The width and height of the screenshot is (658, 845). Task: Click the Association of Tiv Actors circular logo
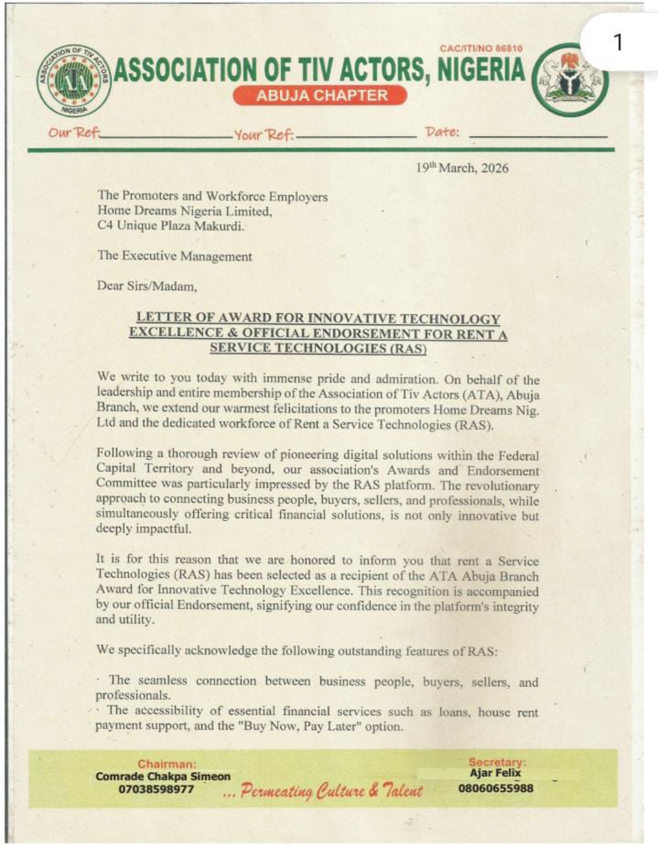point(74,80)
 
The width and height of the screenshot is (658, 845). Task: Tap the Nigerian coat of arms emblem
point(570,80)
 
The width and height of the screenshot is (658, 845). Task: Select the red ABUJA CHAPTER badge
point(320,95)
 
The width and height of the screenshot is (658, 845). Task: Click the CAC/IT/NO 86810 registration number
point(481,48)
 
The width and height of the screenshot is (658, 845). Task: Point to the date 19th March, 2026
point(462,168)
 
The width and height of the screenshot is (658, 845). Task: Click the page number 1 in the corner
point(618,43)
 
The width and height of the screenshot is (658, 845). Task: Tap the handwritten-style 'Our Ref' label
point(74,132)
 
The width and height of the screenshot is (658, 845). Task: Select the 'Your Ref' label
point(263,134)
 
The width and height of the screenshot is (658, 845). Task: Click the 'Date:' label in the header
point(442,132)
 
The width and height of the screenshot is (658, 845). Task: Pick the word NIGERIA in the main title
point(481,70)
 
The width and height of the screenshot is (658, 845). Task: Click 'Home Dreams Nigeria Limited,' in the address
point(185,211)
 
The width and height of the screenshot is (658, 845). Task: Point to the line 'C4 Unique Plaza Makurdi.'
point(171,226)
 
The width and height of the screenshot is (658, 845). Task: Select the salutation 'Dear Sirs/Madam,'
point(147,285)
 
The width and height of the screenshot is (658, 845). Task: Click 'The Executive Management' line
point(174,256)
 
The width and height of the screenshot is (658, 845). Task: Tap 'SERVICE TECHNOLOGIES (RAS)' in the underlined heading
point(317,348)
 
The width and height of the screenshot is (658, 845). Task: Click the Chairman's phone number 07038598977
point(156,790)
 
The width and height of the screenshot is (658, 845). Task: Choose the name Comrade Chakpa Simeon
point(163,777)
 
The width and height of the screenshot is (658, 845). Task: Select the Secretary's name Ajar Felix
point(495,773)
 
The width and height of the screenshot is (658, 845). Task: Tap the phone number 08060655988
point(495,788)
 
